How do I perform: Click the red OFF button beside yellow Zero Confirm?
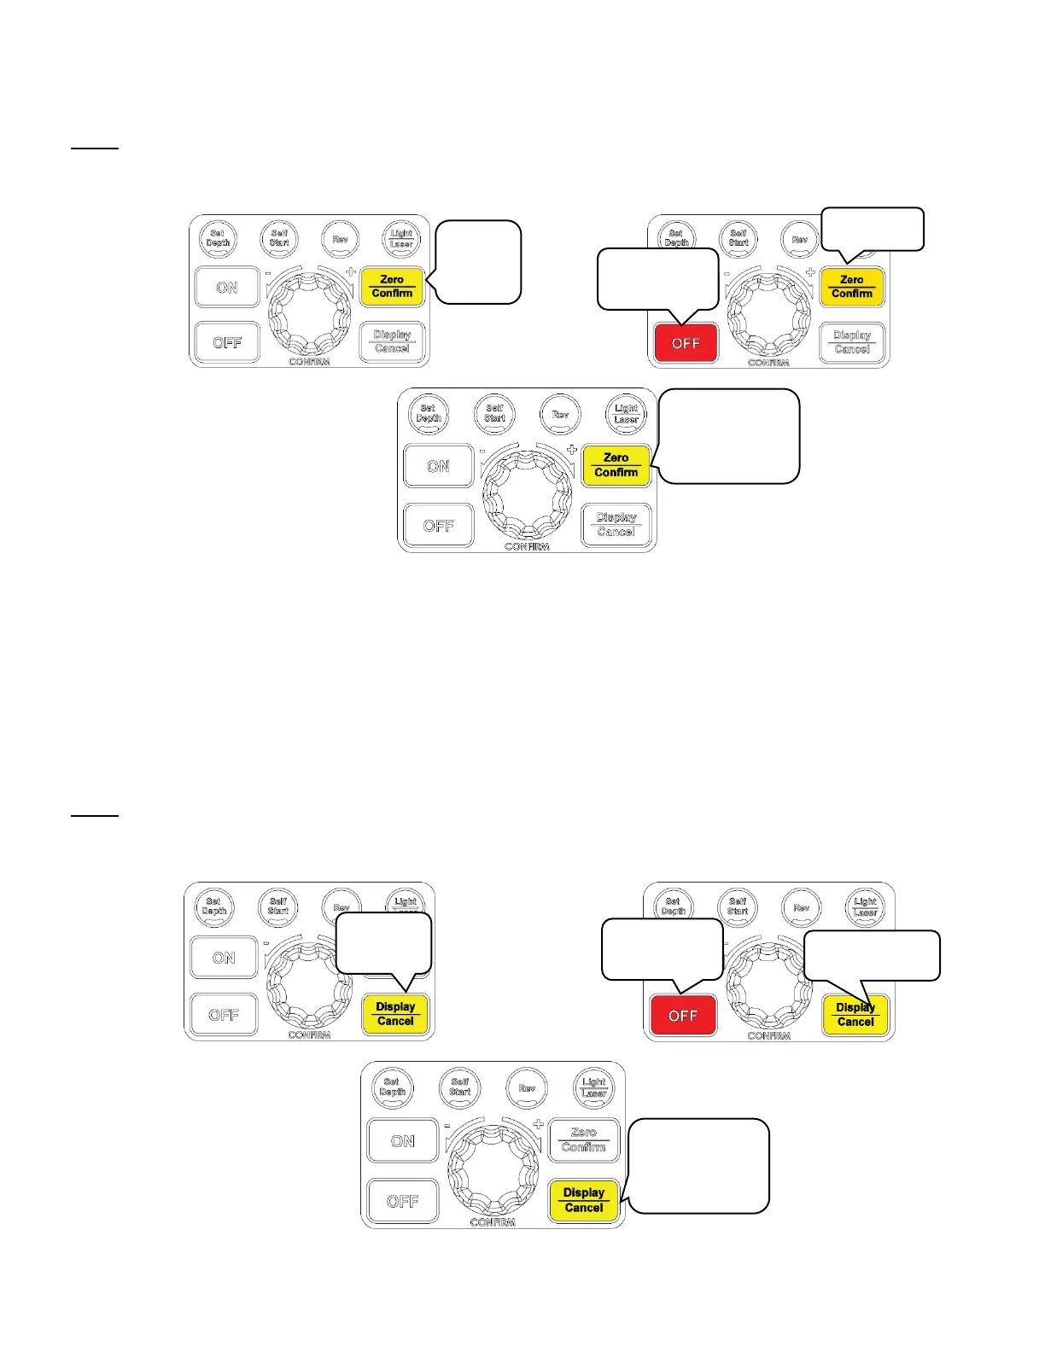tap(686, 343)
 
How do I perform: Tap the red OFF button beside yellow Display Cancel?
tap(683, 1015)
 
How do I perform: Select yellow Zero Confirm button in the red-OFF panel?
tap(852, 287)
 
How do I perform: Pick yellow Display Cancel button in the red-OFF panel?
tap(855, 1015)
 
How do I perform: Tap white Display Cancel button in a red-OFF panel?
tap(852, 342)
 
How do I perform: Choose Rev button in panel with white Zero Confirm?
tap(527, 1088)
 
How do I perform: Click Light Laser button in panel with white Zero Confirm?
tap(594, 1087)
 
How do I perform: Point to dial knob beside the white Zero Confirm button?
tap(493, 1168)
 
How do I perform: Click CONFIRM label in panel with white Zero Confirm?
tap(493, 1222)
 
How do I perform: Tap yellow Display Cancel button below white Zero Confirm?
tap(584, 1200)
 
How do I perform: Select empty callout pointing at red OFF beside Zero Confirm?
tap(657, 278)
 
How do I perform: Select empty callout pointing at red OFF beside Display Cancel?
tap(662, 948)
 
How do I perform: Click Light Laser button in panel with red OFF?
tap(866, 906)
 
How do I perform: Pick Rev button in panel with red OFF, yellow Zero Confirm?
tap(799, 239)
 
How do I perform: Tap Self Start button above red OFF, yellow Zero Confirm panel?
tap(739, 237)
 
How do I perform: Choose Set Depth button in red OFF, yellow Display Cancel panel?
tap(673, 906)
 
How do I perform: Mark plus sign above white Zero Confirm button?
tap(538, 1124)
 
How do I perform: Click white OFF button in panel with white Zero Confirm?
tap(403, 1201)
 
